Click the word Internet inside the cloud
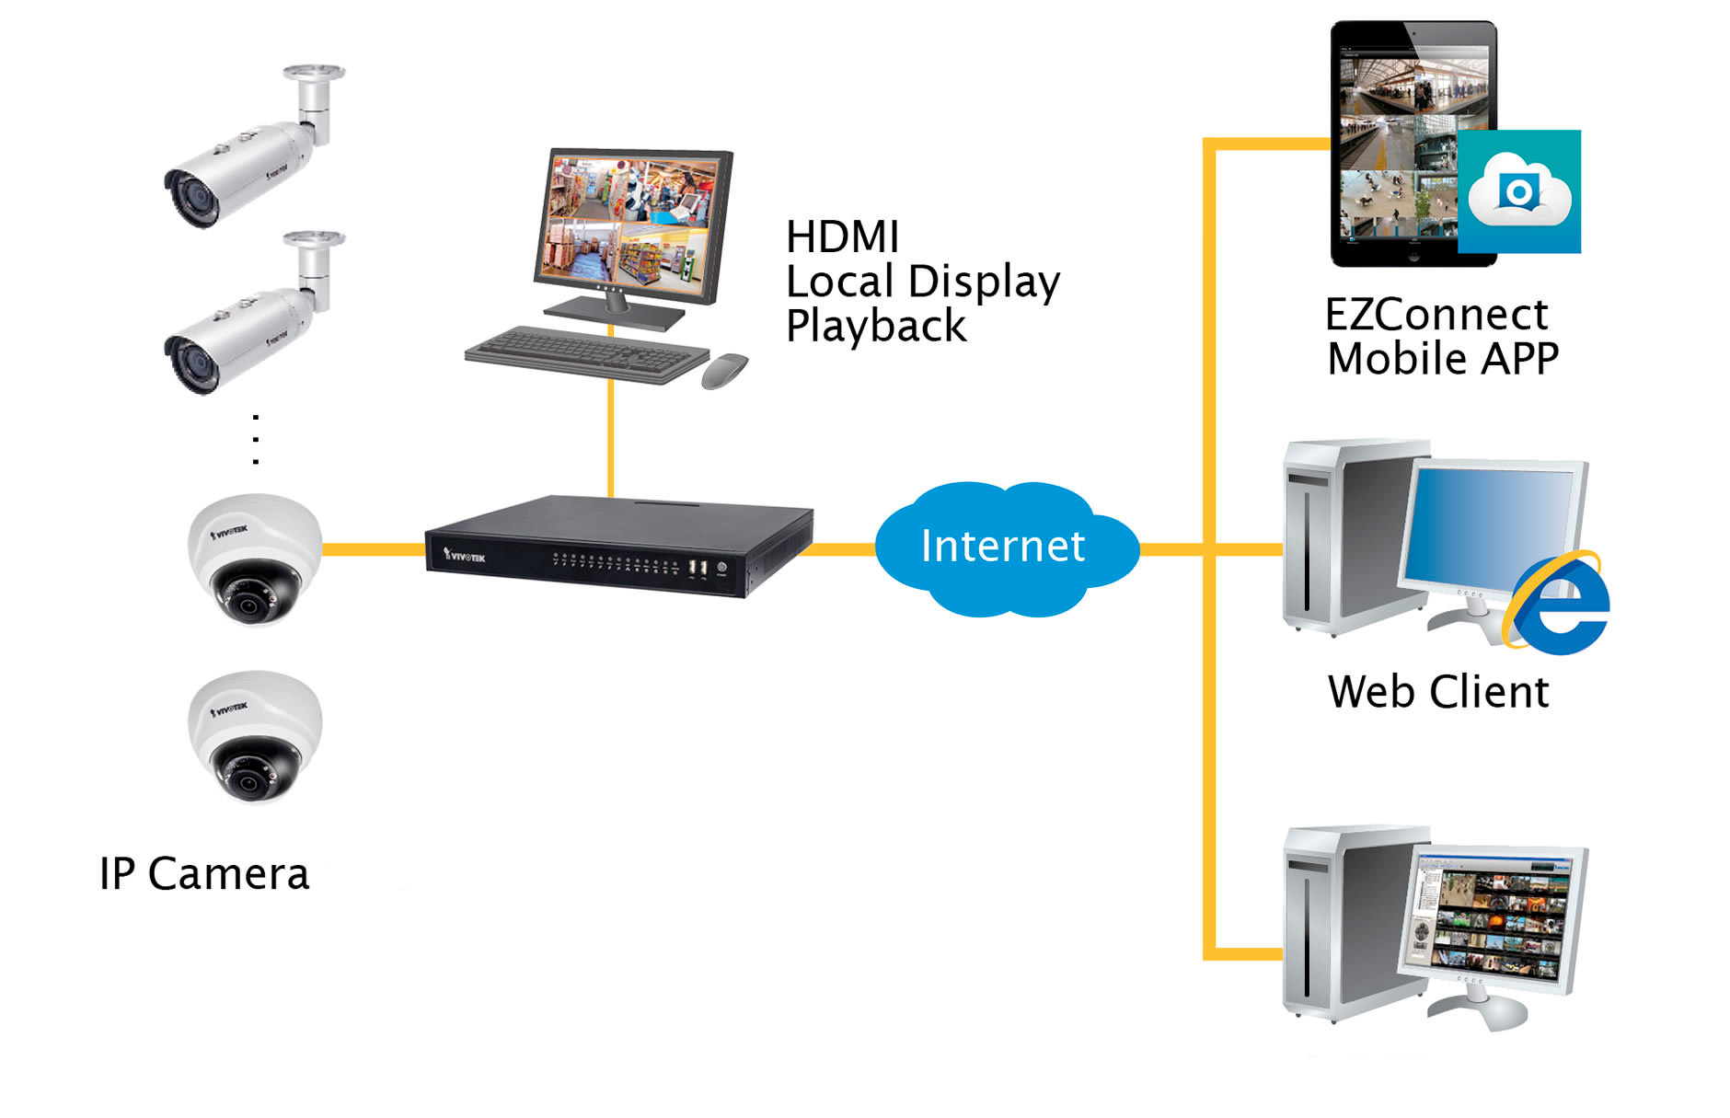point(1003,546)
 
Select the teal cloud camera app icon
point(1519,191)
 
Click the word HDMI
point(842,236)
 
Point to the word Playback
point(876,327)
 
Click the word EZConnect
point(1436,315)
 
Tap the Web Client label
point(1438,692)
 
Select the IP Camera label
point(204,874)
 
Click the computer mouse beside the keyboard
point(724,370)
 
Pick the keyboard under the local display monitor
point(586,353)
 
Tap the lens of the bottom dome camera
point(248,781)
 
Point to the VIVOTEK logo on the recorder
point(465,555)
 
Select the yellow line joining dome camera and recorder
point(374,549)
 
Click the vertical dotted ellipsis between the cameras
point(256,439)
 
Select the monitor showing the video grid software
point(1493,920)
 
